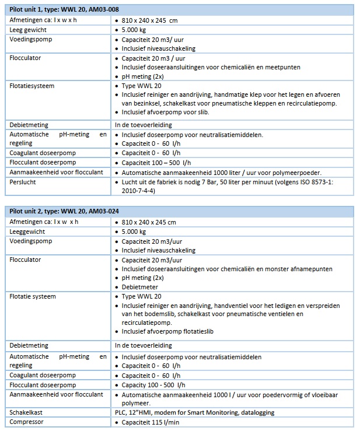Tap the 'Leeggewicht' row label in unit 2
pos(26,232)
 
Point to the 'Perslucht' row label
pos(23,182)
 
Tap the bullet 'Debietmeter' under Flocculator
pos(140,287)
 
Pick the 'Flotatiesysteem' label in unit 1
pos(32,86)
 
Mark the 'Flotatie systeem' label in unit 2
pos(33,296)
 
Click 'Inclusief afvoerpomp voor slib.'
pos(166,113)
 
